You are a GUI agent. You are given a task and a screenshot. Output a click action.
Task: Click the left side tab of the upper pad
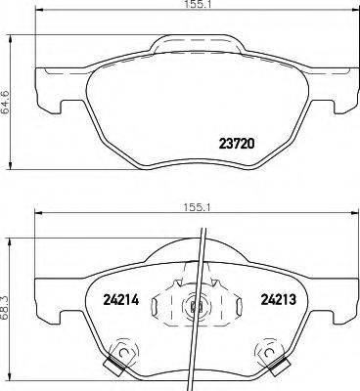point(46,93)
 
